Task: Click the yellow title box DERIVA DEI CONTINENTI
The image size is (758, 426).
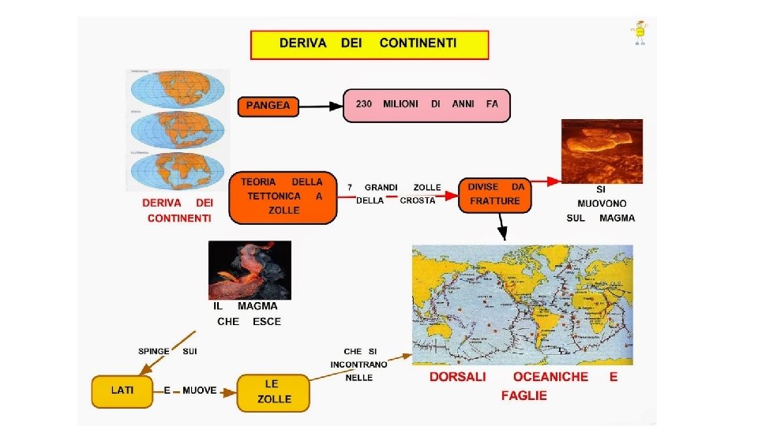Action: click(370, 44)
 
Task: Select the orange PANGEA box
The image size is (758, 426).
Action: click(268, 106)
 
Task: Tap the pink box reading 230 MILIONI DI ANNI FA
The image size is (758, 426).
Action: click(427, 105)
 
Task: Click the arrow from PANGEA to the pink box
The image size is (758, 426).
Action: click(321, 106)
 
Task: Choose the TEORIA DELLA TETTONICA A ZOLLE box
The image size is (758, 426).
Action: click(282, 196)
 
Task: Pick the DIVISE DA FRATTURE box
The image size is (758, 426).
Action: click(495, 195)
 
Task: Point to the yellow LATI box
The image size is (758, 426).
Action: click(122, 391)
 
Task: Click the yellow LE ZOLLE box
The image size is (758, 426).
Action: click(272, 392)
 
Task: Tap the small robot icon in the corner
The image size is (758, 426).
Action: click(638, 33)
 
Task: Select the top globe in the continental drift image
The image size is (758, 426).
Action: click(178, 92)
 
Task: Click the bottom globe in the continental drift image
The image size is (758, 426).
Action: click(178, 171)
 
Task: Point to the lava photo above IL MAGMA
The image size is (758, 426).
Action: click(250, 271)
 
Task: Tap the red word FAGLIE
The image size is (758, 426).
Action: click(523, 396)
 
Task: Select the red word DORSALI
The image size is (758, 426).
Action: click(458, 377)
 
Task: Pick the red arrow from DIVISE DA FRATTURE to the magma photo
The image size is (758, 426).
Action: click(544, 181)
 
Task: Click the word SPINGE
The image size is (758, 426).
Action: click(154, 351)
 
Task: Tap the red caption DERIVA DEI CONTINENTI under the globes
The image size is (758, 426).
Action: click(178, 210)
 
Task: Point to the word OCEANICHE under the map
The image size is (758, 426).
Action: click(550, 377)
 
